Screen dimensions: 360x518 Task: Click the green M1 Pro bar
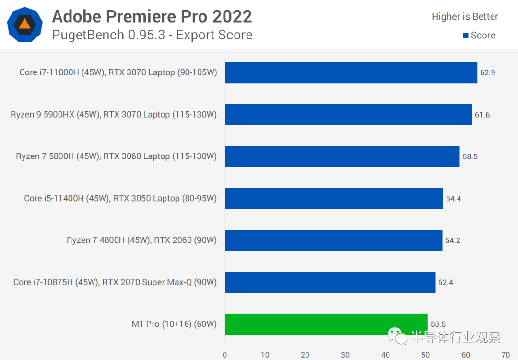(x=326, y=324)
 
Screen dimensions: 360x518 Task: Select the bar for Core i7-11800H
(x=351, y=72)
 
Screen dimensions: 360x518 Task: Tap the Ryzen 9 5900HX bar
(x=349, y=115)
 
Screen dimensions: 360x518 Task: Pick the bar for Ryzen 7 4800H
(x=333, y=240)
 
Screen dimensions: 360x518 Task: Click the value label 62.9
(x=487, y=73)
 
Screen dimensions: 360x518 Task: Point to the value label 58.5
(x=470, y=156)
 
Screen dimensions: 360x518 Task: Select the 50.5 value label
(x=437, y=324)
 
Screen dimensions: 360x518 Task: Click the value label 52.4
(x=446, y=282)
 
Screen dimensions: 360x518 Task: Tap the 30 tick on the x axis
(x=345, y=355)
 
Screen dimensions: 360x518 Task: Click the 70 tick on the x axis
(x=506, y=355)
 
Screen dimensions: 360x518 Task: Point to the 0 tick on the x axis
(x=225, y=355)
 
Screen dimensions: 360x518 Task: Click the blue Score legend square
(x=465, y=36)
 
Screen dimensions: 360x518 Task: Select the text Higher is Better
(x=465, y=17)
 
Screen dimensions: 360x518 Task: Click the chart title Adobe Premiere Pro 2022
(x=152, y=17)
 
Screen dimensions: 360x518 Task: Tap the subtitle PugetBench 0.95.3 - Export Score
(x=152, y=35)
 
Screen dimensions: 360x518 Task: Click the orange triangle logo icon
(x=24, y=24)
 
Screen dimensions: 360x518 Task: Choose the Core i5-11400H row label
(x=120, y=198)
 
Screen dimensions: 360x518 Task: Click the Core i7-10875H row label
(x=115, y=282)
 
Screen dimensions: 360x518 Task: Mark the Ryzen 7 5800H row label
(x=117, y=156)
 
